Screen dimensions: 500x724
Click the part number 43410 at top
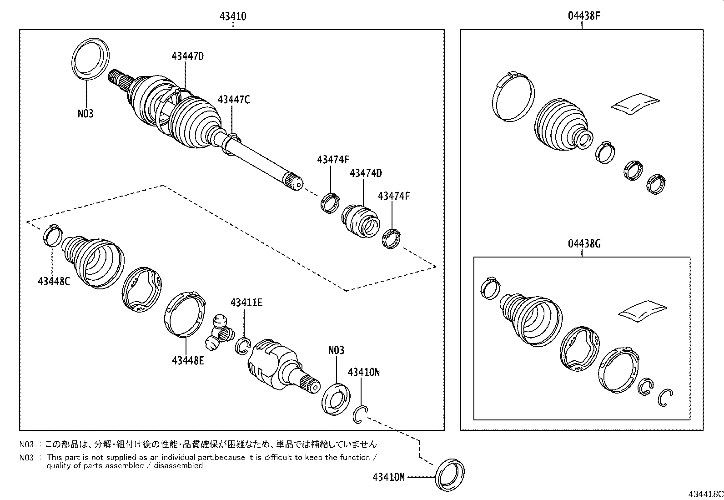pos(233,16)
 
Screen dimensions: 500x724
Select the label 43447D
pos(187,56)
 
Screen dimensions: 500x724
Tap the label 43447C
pos(233,100)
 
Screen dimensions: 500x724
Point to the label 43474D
pos(365,173)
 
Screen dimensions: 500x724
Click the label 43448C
pos(54,281)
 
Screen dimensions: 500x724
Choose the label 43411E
pos(246,302)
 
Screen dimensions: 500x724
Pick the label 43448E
pos(188,360)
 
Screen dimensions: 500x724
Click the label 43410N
pos(363,372)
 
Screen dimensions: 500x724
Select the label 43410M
pos(388,477)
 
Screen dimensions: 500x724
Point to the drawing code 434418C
pos(704,494)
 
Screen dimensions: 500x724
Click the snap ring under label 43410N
pos(360,414)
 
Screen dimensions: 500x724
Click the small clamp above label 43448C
pos(52,234)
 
